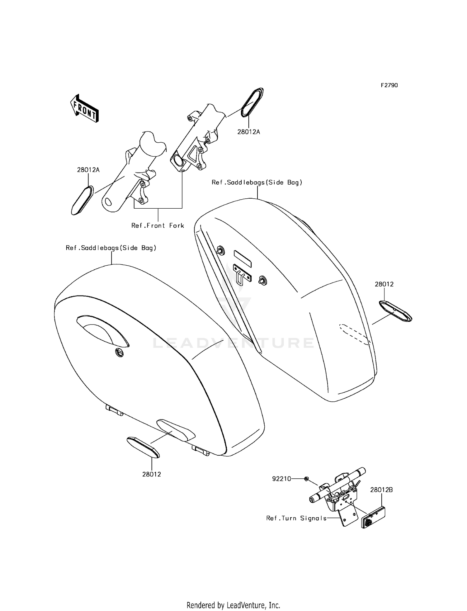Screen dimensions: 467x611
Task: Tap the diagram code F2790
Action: point(389,85)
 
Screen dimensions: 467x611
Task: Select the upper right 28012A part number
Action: point(249,132)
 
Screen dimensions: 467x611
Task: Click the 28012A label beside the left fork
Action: point(88,170)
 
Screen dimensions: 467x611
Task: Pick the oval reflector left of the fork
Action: point(83,200)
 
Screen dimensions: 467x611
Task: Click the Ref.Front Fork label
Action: point(158,225)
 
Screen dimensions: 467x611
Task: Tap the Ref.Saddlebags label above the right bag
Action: point(257,182)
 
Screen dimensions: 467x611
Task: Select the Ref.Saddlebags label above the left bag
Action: point(111,248)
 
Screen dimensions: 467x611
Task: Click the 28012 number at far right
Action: point(384,284)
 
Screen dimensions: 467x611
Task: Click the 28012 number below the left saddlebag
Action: point(152,474)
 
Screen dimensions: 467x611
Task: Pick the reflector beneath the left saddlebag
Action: point(143,447)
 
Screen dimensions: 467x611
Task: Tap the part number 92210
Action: point(281,479)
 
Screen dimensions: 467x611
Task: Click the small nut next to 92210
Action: point(306,479)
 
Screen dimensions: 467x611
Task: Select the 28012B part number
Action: point(381,490)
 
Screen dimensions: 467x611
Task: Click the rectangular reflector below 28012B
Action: point(373,518)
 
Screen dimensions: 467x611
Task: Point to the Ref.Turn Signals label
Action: point(296,518)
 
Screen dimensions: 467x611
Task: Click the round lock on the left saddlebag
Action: point(119,352)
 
